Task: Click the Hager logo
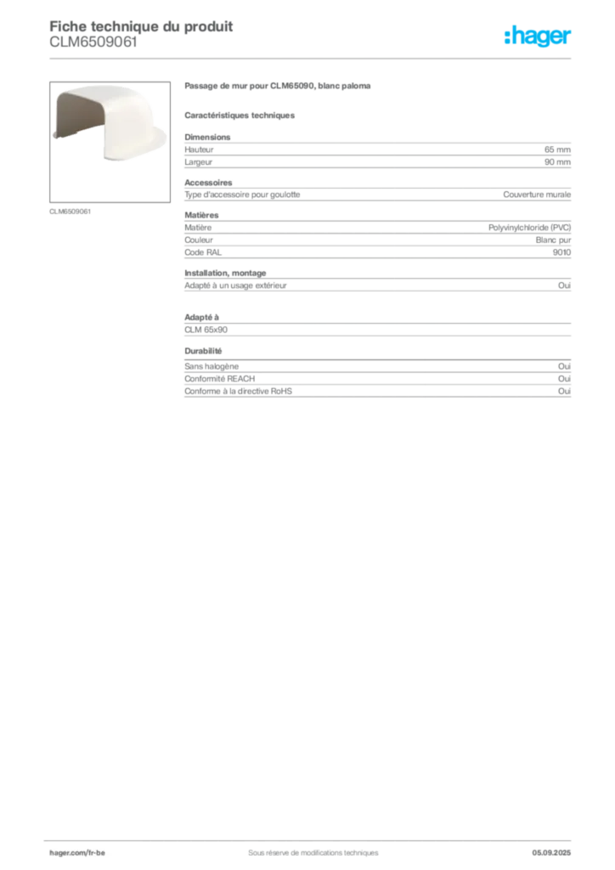[538, 37]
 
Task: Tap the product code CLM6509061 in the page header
[93, 42]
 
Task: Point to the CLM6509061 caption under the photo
[70, 212]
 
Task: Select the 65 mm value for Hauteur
[557, 150]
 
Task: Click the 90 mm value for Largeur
[557, 162]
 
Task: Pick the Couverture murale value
[537, 195]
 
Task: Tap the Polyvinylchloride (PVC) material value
[529, 228]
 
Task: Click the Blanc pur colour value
[553, 240]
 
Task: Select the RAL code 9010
[561, 252]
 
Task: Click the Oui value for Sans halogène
[565, 366]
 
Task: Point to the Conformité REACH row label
[220, 379]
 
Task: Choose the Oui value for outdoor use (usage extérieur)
[565, 285]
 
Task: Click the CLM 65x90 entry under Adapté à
[206, 330]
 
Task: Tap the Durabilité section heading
[203, 351]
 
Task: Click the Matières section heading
[201, 215]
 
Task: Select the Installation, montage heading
[225, 273]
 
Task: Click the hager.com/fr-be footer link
[77, 853]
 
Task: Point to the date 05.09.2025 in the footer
[551, 853]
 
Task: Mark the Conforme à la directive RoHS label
[238, 391]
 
